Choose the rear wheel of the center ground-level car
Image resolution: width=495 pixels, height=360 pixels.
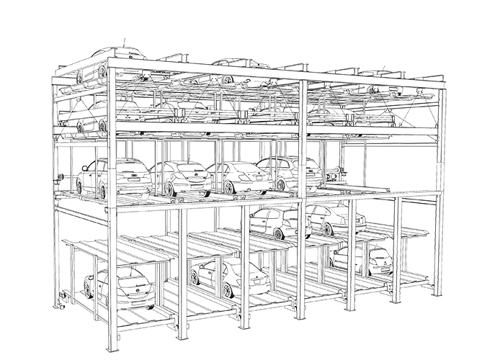(228, 290)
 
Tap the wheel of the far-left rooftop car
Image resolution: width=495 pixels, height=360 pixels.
(103, 71)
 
